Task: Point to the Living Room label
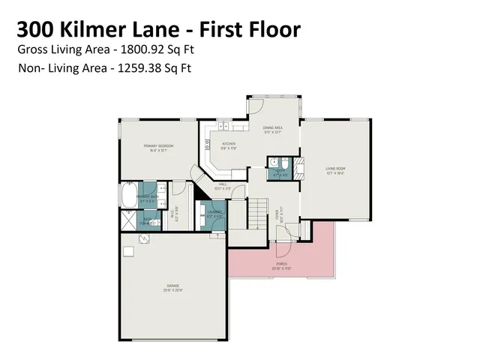(334, 170)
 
